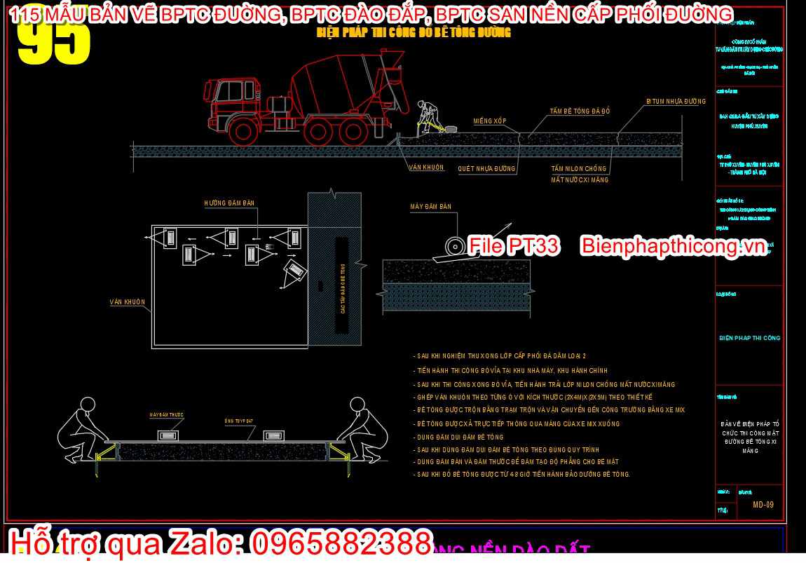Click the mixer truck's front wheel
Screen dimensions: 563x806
(x=245, y=131)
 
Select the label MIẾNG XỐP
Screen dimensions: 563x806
(x=489, y=121)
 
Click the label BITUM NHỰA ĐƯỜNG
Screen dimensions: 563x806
(x=676, y=102)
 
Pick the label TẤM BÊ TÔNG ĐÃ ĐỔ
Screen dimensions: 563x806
(x=580, y=111)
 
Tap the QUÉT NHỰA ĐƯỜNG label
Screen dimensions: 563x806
(x=486, y=169)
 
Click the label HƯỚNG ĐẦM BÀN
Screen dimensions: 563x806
(x=229, y=203)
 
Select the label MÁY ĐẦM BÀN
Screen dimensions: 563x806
(x=430, y=207)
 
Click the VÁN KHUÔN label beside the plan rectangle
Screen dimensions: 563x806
(x=128, y=302)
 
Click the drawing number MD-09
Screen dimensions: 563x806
(x=763, y=505)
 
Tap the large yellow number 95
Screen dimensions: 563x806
(x=54, y=42)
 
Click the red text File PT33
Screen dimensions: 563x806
(x=514, y=245)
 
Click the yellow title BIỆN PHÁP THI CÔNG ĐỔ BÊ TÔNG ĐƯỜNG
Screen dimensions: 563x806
(x=414, y=33)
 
